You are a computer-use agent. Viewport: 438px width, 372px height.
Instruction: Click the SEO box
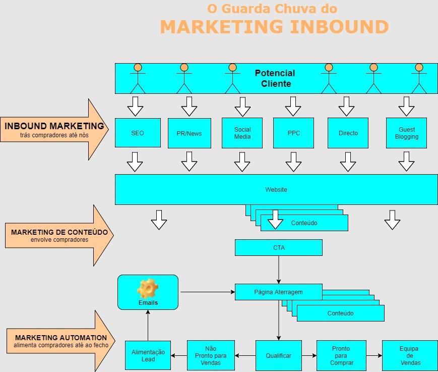(x=138, y=133)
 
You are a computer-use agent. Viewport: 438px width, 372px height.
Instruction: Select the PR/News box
(x=189, y=133)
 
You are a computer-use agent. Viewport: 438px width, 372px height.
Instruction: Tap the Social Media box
(x=242, y=133)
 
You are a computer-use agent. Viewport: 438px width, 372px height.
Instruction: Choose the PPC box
(x=293, y=133)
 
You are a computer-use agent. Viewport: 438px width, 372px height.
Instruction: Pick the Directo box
(x=348, y=133)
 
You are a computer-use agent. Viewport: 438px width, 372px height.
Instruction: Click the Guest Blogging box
(x=406, y=133)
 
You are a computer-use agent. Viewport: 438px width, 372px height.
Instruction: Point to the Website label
(x=276, y=190)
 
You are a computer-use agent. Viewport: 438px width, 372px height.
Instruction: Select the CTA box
(x=278, y=247)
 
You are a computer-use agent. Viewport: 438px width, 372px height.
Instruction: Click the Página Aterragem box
(x=278, y=292)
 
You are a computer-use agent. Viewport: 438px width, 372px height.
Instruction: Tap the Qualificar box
(x=278, y=356)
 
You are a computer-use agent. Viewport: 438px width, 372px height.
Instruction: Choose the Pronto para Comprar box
(x=341, y=356)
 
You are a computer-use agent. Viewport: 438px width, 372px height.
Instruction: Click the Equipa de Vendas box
(x=409, y=356)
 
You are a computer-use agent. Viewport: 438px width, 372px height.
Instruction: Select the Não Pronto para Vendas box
(x=211, y=355)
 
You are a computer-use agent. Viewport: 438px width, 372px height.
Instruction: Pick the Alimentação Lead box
(x=148, y=356)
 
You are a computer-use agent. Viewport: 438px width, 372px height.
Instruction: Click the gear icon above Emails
(x=148, y=288)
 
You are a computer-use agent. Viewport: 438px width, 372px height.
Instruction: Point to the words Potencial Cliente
(x=275, y=79)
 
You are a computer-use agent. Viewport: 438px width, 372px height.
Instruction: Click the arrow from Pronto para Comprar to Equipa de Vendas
(x=374, y=356)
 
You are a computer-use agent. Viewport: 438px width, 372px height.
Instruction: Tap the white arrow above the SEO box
(x=135, y=106)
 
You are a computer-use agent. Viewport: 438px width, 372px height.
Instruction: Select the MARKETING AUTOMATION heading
(x=61, y=338)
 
